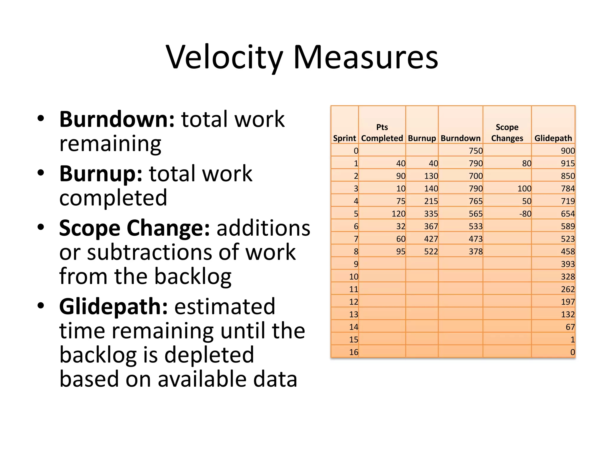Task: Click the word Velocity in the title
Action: (224, 58)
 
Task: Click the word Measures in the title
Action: (366, 58)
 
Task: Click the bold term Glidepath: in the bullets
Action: (114, 307)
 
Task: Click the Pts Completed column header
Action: (382, 133)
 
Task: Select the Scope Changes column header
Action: (507, 133)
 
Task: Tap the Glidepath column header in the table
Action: (553, 138)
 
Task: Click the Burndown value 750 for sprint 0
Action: (476, 151)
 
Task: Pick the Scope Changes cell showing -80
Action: (525, 214)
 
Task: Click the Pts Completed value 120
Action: (398, 214)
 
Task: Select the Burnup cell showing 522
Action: (431, 252)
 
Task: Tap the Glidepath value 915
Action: (568, 163)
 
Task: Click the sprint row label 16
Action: (354, 352)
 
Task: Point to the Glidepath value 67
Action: (570, 327)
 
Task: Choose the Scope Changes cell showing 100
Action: (524, 189)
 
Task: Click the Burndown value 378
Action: (476, 252)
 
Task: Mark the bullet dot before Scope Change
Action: (41, 227)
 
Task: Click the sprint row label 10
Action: (354, 277)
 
